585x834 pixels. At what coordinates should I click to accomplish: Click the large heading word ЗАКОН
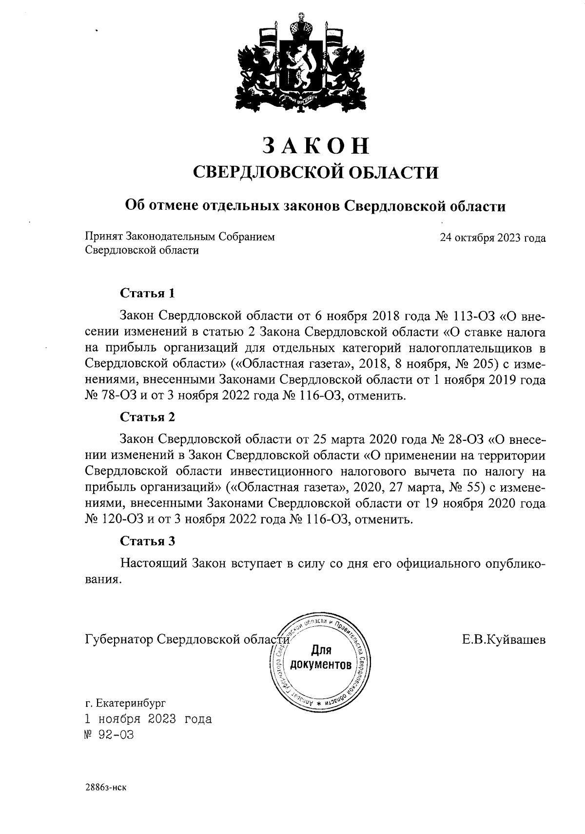coord(316,145)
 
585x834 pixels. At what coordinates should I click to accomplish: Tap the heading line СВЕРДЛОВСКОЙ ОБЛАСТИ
coord(316,172)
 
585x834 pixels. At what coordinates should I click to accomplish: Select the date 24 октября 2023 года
coord(492,238)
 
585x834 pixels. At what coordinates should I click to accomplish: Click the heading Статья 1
coord(147,294)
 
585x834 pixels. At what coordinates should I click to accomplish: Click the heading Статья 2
coord(147,417)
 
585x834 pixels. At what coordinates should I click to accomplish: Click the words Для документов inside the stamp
coord(320,657)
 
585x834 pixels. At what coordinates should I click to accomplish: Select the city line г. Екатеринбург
coord(125,703)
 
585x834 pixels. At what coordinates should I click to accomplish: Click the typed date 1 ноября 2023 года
coord(148,719)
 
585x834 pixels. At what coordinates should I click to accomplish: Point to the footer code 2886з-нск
coord(106,787)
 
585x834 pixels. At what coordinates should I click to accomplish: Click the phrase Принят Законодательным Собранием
coord(180,237)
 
